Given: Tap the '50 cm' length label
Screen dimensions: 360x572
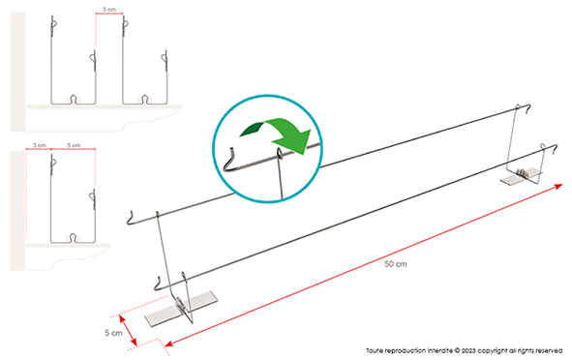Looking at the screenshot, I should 396,262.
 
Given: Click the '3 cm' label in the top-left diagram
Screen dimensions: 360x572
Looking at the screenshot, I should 108,10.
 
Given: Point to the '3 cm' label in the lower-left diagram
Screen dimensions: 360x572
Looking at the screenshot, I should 39,144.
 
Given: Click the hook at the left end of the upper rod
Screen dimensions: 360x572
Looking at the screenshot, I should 132,215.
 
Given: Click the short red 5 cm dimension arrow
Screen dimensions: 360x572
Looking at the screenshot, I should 140,329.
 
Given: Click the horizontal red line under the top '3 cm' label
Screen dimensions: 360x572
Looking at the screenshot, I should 108,16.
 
